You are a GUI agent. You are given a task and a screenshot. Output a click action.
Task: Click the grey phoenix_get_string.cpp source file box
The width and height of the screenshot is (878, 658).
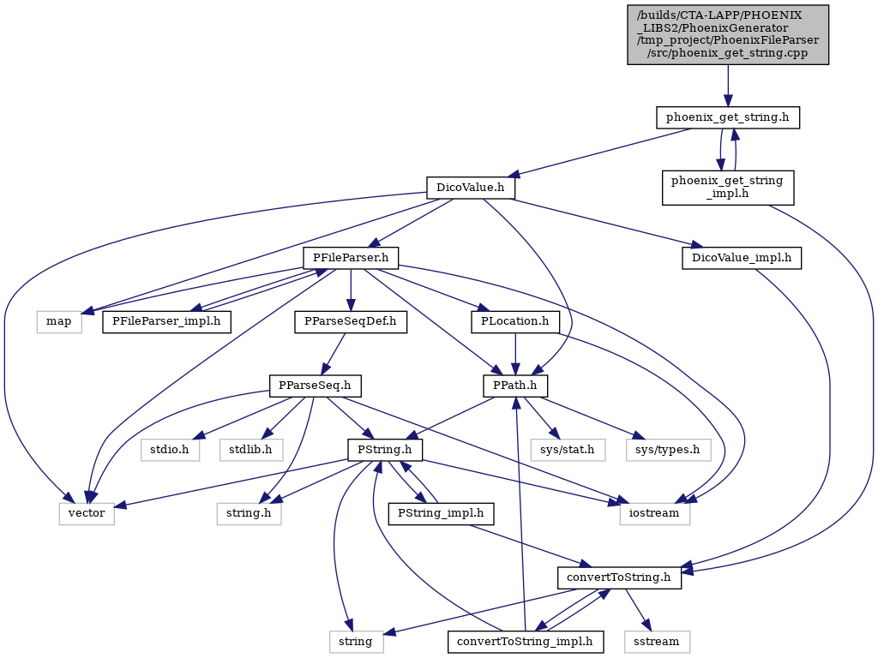(727, 34)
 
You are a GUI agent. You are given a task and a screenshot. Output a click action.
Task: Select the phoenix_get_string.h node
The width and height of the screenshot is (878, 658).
(727, 117)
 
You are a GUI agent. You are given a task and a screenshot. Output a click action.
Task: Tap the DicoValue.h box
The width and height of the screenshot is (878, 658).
(471, 188)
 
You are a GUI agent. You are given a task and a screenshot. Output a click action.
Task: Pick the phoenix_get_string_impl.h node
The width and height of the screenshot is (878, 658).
(727, 188)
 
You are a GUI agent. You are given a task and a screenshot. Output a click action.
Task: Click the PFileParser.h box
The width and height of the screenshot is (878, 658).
(351, 258)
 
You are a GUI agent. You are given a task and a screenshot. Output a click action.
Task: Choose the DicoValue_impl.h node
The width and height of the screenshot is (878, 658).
(742, 258)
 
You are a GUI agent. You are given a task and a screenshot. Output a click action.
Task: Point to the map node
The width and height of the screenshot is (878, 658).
(59, 322)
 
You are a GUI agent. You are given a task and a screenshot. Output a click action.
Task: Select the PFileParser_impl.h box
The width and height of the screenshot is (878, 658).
(166, 322)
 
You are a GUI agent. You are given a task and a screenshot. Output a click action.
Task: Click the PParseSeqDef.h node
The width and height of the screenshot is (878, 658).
(351, 322)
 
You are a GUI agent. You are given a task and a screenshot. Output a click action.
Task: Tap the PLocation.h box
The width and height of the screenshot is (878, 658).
(515, 322)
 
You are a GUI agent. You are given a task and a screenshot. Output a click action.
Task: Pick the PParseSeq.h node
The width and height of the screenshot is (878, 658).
(315, 386)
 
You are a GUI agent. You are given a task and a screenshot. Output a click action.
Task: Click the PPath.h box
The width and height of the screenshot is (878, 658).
(515, 386)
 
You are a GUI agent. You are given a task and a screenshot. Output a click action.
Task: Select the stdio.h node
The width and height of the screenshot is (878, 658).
(170, 449)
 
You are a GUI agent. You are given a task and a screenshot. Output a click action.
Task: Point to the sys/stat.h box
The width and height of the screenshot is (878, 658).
(568, 449)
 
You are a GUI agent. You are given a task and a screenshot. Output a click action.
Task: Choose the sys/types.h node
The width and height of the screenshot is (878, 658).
(668, 449)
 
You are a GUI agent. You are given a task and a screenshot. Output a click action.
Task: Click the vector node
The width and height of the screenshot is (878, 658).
(87, 513)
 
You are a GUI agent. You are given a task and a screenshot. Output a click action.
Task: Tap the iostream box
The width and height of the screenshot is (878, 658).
(654, 513)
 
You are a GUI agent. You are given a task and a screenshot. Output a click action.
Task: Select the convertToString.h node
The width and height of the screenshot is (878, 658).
(619, 577)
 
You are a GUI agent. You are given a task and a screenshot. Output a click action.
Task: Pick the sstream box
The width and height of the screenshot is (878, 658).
(656, 641)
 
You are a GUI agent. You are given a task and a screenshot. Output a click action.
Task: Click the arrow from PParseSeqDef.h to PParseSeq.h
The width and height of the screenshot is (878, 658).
(334, 354)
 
